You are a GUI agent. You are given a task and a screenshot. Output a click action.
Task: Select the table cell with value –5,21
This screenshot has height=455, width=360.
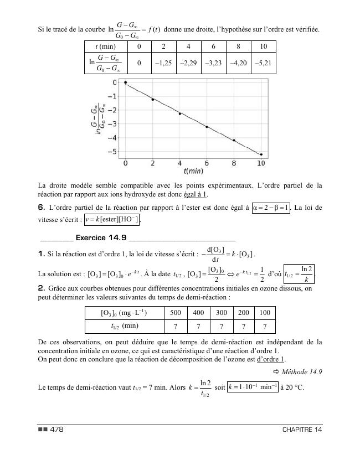pyautogui.click(x=264, y=63)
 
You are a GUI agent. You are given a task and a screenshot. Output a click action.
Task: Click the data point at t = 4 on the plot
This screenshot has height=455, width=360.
pyautogui.click(x=179, y=113)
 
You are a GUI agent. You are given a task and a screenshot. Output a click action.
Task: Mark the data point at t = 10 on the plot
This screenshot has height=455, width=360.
pyautogui.click(x=261, y=154)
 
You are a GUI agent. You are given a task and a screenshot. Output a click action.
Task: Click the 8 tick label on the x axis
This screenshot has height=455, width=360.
pyautogui.click(x=234, y=163)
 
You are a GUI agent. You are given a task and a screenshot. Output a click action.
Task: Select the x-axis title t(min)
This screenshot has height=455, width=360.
pyautogui.click(x=194, y=172)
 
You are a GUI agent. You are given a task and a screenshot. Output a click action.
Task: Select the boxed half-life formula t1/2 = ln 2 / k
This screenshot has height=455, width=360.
pyautogui.click(x=300, y=273)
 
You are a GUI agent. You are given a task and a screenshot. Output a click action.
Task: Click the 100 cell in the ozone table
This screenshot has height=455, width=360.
pyautogui.click(x=265, y=313)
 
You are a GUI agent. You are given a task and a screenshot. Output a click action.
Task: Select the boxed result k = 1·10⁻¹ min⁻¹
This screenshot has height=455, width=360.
pyautogui.click(x=253, y=386)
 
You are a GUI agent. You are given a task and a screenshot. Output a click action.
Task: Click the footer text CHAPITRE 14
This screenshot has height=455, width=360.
pyautogui.click(x=302, y=430)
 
